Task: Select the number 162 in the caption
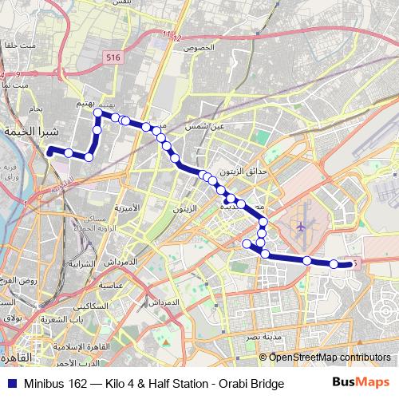tap(77, 384)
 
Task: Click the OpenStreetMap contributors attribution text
tap(330, 358)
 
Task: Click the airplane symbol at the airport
tap(301, 227)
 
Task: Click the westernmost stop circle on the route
tap(49, 149)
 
